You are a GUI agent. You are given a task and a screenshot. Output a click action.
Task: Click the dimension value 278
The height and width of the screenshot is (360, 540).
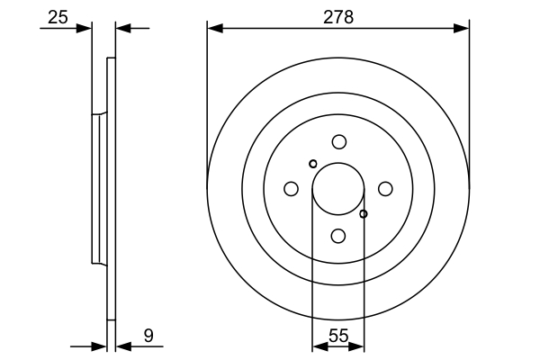[x=338, y=16]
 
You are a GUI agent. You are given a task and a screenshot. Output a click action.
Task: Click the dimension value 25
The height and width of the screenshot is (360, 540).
[x=58, y=16]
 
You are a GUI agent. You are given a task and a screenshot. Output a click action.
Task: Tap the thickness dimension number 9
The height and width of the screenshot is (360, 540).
[x=148, y=336]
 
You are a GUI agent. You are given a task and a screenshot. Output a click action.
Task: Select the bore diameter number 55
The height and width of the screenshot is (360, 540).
[x=338, y=336]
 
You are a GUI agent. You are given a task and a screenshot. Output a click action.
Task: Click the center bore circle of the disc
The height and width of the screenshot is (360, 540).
[x=337, y=188]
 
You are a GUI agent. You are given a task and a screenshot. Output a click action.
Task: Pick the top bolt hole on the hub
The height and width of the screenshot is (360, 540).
[x=338, y=141]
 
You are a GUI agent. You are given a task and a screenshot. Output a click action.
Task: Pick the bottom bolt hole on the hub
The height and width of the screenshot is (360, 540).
[x=338, y=236]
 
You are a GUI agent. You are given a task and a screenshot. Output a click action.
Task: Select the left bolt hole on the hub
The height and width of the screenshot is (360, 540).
[x=291, y=189]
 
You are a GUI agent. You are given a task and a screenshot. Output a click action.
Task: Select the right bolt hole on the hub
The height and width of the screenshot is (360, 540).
[x=385, y=188]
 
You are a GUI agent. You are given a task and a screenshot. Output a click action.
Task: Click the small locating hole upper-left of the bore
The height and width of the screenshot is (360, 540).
[x=312, y=164]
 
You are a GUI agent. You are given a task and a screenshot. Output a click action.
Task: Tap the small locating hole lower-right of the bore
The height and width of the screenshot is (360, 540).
[x=364, y=214]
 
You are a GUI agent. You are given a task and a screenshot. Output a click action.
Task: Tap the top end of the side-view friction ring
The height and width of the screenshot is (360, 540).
[x=112, y=60]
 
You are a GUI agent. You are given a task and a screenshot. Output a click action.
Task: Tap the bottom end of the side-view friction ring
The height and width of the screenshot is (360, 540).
[x=112, y=318]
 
